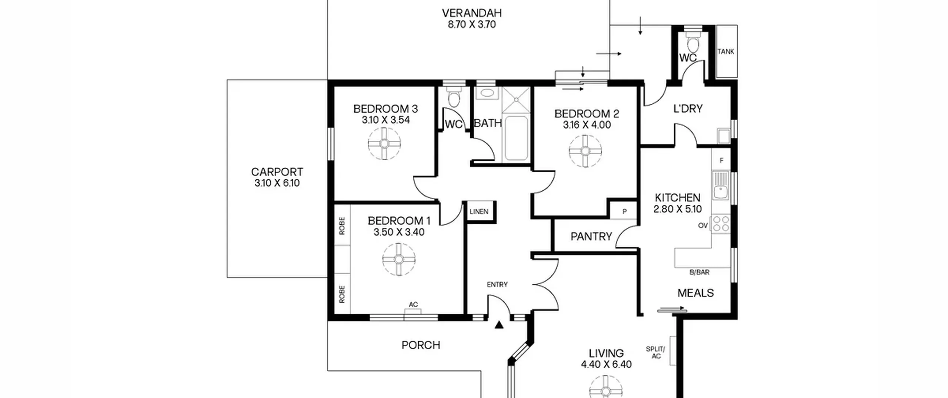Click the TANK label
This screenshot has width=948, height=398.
tap(725, 52)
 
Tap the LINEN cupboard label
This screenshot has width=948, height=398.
tap(479, 212)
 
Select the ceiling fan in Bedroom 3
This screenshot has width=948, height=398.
tap(384, 144)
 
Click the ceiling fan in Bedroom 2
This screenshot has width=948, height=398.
tap(585, 151)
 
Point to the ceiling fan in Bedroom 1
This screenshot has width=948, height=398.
tap(399, 259)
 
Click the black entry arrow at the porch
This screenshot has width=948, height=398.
tap(499, 325)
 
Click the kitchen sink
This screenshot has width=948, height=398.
tap(721, 185)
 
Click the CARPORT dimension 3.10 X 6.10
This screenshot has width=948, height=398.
tap(277, 183)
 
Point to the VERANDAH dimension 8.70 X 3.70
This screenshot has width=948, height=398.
tap(472, 25)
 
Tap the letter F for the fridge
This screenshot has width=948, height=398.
tap(721, 161)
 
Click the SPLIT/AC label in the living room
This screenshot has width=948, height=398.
tap(655, 352)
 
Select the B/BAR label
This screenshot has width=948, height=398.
tap(699, 272)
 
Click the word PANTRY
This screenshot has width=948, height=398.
tap(591, 237)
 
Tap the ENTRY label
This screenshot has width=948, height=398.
tap(497, 285)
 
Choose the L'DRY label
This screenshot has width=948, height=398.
tap(688, 109)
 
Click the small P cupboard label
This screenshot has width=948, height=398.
tap(624, 212)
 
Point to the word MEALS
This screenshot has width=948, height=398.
tap(695, 293)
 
